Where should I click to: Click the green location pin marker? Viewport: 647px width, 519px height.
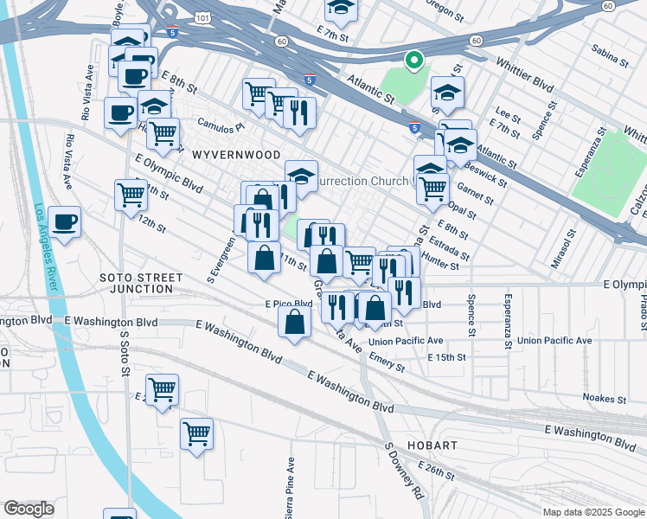(413, 61)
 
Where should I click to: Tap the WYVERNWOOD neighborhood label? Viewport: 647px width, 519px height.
(236, 154)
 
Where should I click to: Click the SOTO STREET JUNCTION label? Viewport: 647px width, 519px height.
(141, 283)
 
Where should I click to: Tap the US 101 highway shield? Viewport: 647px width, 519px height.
(176, 16)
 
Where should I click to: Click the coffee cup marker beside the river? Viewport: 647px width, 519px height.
(65, 223)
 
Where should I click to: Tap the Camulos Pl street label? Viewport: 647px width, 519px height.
(221, 125)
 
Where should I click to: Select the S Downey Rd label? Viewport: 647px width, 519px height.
(404, 472)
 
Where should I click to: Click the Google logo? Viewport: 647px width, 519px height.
(29, 509)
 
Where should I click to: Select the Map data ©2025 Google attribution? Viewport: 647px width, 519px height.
(593, 512)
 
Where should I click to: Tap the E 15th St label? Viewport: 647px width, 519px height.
(446, 357)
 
